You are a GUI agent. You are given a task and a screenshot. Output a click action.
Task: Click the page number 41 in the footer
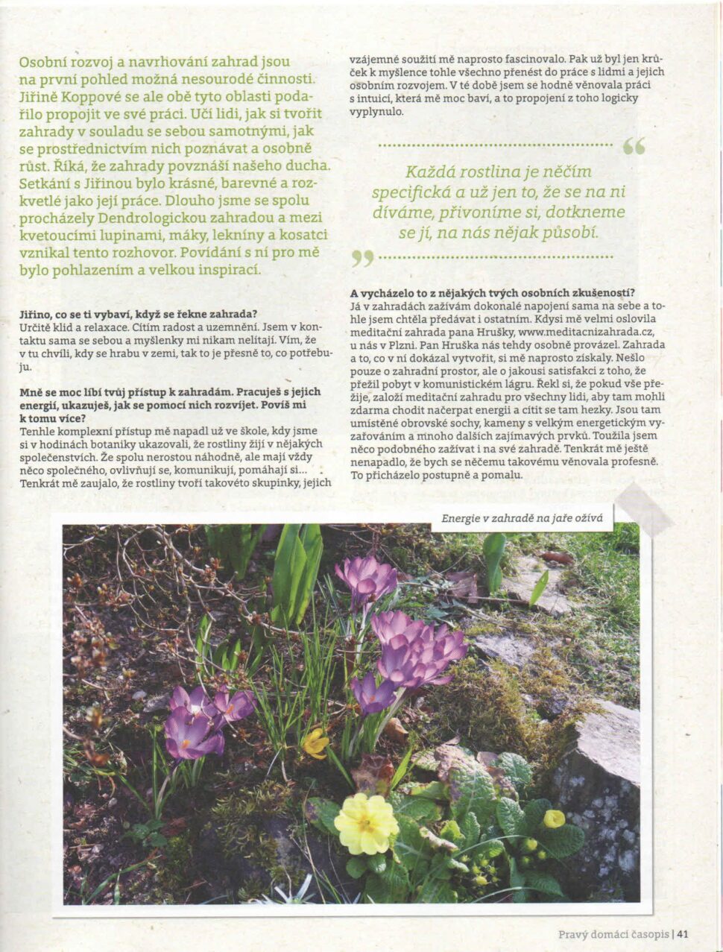(683, 934)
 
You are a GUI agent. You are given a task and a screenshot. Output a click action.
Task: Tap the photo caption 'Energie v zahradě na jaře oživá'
(522, 519)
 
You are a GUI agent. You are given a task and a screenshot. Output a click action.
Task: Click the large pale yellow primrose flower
(366, 823)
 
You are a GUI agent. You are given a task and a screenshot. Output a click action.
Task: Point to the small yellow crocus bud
(316, 743)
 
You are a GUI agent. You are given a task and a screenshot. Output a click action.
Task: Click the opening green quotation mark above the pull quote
(634, 146)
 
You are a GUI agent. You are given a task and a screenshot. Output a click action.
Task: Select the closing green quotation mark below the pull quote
(362, 258)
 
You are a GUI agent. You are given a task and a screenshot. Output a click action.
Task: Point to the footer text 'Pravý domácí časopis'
(613, 934)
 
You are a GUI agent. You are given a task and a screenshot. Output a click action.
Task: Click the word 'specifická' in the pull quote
(406, 192)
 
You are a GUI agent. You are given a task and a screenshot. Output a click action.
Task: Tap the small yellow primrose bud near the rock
(554, 819)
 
